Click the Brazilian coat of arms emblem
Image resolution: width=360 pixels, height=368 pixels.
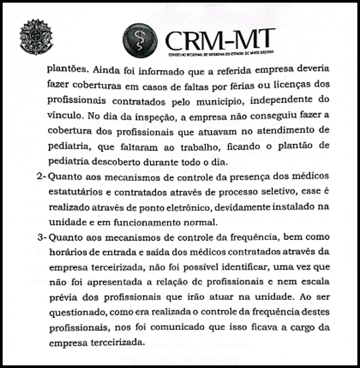[x=36, y=37]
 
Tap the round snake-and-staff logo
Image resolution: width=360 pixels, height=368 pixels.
[x=140, y=40]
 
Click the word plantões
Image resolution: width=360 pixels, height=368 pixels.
[x=66, y=69]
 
